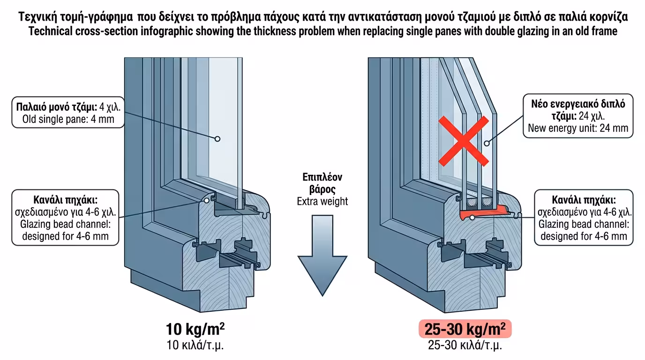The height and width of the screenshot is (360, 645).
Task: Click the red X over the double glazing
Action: tap(463, 141)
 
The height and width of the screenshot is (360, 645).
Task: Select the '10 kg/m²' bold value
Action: tap(195, 330)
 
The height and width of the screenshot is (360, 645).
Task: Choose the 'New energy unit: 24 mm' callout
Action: tap(577, 116)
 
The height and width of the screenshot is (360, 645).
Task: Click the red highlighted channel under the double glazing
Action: tap(487, 214)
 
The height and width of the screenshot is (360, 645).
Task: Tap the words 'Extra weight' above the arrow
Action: tap(322, 202)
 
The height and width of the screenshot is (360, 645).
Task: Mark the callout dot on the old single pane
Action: tap(217, 139)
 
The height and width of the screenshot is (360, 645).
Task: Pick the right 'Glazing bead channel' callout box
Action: tap(584, 217)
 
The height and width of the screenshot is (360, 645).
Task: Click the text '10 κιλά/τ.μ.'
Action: tap(195, 346)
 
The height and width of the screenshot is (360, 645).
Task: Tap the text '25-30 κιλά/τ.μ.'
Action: tap(464, 346)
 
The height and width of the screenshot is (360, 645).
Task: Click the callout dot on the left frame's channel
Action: tap(206, 200)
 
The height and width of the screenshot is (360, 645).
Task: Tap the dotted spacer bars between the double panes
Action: tap(479, 202)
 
